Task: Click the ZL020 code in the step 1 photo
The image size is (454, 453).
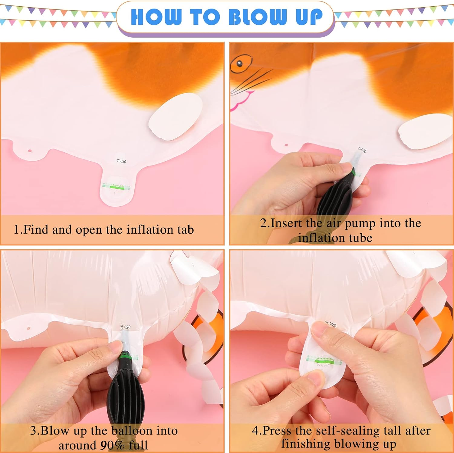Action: (x=121, y=161)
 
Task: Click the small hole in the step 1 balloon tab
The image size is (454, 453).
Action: (x=30, y=151)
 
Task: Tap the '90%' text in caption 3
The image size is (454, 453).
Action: (x=112, y=445)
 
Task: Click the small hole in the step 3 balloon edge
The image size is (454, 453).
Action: (x=28, y=328)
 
